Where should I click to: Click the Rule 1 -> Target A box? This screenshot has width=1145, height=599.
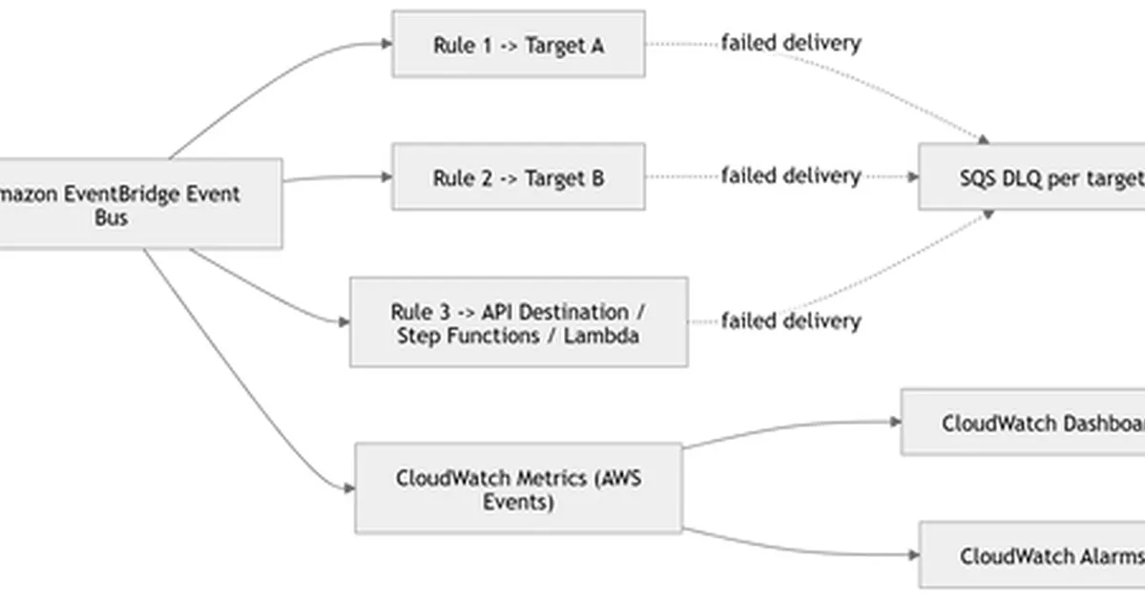(518, 44)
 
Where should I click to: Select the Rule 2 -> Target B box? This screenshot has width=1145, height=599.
(518, 177)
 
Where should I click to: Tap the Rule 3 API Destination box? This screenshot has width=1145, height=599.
(518, 322)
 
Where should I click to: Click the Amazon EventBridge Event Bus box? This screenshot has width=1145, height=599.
(134, 205)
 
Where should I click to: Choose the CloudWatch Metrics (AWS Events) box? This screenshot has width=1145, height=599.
(518, 488)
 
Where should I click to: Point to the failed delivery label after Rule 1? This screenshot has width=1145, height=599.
(790, 43)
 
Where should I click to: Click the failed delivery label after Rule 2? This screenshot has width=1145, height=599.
(790, 176)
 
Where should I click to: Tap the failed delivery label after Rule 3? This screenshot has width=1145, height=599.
(790, 321)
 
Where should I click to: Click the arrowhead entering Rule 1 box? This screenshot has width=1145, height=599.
(386, 44)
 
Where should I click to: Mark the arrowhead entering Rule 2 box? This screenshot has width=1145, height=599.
(386, 177)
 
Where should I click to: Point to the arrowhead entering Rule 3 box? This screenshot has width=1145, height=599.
(344, 322)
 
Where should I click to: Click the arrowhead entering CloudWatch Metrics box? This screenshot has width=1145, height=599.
(349, 489)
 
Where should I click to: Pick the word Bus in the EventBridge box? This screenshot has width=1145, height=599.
(111, 218)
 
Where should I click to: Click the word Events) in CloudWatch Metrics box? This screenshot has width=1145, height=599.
(517, 502)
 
